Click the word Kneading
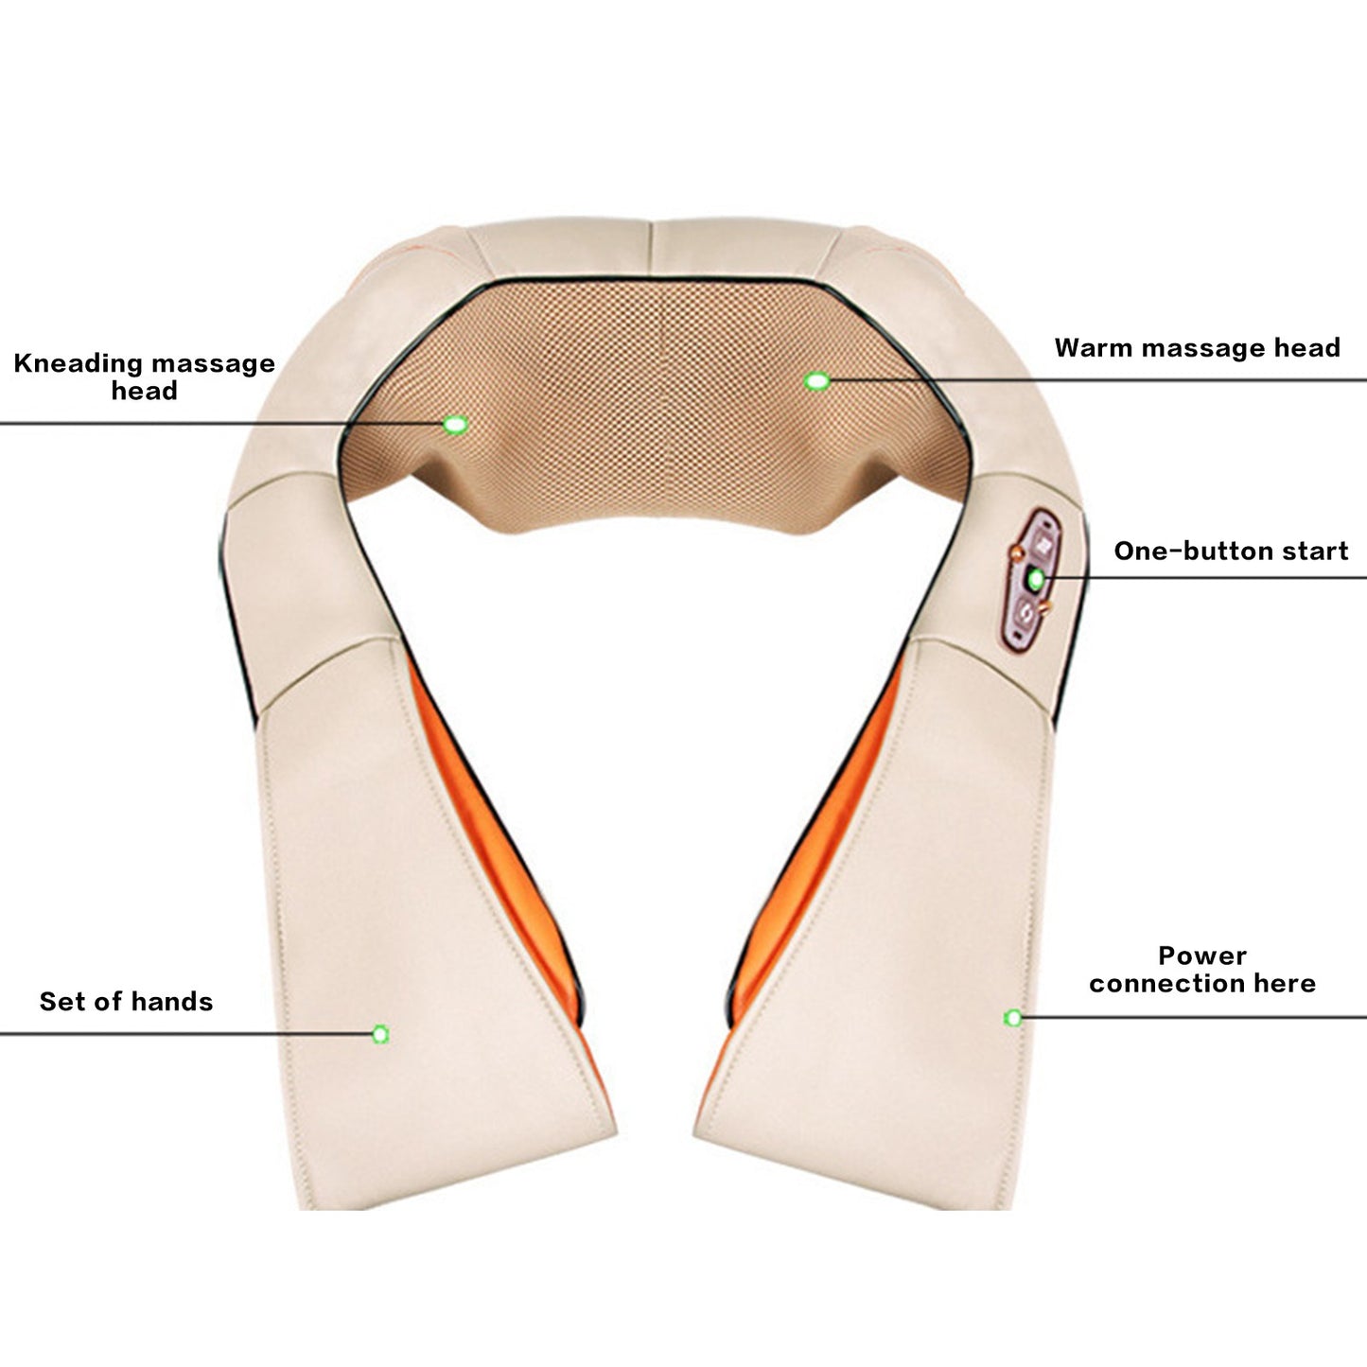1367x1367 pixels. pos(78,364)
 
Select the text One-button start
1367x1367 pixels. pos(1231,551)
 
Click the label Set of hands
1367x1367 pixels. pos(126,1001)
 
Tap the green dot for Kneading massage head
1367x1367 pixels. pos(455,425)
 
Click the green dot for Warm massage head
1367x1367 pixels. pos(817,381)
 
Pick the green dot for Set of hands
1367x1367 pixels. pos(380,1034)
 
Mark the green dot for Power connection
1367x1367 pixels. pos(1013,1018)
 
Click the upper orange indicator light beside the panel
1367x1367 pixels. pos(1017,552)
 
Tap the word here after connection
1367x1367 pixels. pos(1285,983)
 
